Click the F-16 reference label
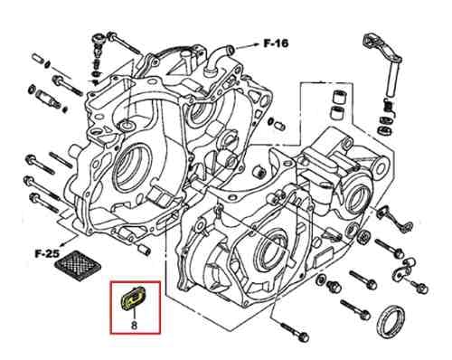coord(276,43)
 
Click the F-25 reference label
coord(47,253)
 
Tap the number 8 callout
coord(135,326)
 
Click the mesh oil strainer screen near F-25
coord(78,266)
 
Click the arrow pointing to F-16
coord(247,46)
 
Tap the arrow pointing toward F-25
coord(69,241)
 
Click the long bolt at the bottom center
coord(295,330)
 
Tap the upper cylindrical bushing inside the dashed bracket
coord(339,97)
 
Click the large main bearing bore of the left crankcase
coord(132,169)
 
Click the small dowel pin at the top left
coord(36,57)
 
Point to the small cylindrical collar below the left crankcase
coord(144,250)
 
